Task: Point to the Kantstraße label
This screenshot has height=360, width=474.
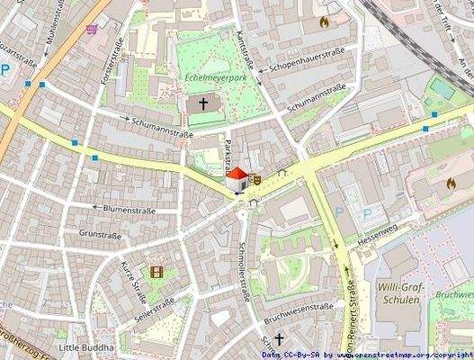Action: (x=241, y=44)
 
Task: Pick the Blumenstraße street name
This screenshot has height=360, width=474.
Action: (x=130, y=210)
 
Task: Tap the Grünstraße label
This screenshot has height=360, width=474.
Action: (x=100, y=233)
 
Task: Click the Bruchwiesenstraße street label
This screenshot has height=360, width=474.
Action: (x=300, y=319)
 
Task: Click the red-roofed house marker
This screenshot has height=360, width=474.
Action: (x=237, y=179)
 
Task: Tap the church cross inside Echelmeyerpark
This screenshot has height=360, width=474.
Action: (x=203, y=104)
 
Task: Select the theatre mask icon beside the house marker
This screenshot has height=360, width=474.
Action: (x=256, y=179)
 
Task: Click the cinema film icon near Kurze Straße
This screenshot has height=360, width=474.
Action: (x=157, y=271)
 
